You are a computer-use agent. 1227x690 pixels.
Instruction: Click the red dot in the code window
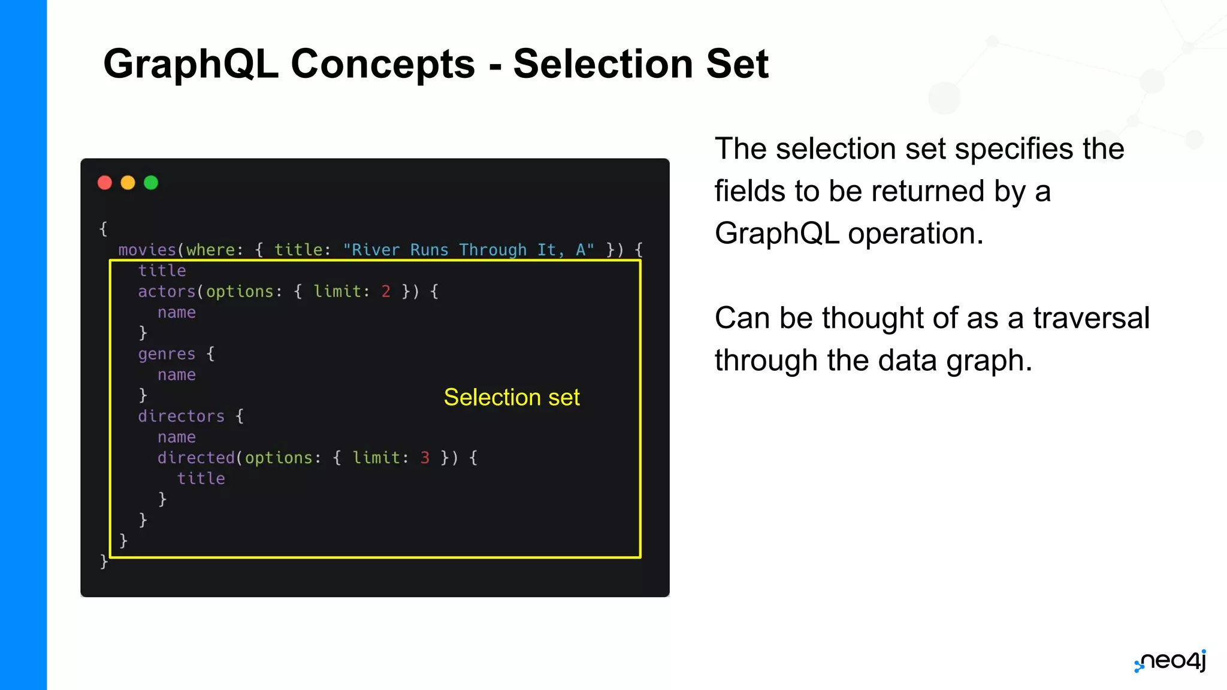point(105,183)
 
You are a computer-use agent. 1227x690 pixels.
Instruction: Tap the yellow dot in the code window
point(128,183)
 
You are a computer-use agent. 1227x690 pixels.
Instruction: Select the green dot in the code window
point(151,183)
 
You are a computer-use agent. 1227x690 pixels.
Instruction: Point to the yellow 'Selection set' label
point(512,397)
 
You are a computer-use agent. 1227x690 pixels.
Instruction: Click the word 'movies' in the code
point(147,250)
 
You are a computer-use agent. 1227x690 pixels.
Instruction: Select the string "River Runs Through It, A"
point(469,250)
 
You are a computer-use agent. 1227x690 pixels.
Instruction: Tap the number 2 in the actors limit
point(386,292)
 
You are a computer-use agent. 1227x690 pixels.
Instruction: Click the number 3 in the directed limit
point(425,458)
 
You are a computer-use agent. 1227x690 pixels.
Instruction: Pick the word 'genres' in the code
point(167,354)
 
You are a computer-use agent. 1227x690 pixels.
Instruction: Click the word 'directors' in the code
point(181,416)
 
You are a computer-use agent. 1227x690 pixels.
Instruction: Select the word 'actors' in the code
point(167,292)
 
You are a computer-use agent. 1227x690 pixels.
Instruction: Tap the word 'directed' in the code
point(196,458)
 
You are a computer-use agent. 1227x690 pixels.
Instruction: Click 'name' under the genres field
point(177,375)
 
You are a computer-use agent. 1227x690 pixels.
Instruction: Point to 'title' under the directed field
point(201,479)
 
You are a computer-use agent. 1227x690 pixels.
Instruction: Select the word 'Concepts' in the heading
point(383,63)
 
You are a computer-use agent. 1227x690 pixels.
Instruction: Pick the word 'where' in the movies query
point(210,250)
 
